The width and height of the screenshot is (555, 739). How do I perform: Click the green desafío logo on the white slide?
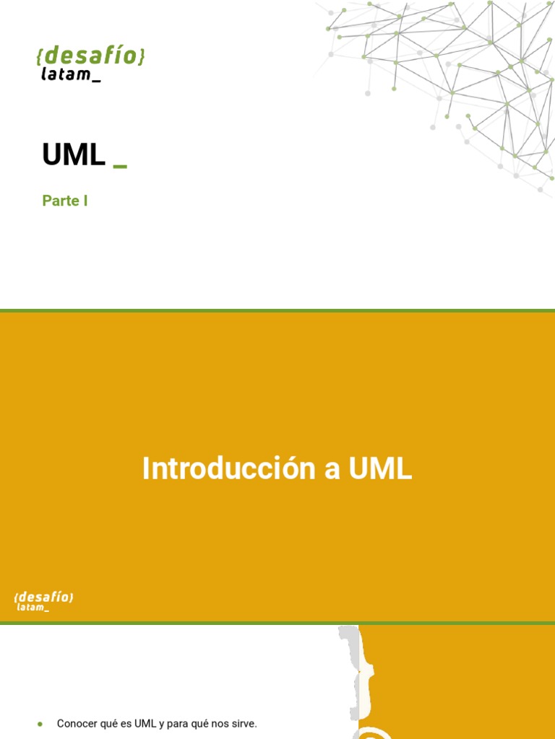[x=90, y=55]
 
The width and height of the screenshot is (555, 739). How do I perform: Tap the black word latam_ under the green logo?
[x=71, y=74]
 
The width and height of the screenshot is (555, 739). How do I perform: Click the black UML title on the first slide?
[x=74, y=154]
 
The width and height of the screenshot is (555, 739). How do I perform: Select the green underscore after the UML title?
[x=121, y=165]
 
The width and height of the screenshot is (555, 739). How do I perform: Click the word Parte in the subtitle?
[x=61, y=201]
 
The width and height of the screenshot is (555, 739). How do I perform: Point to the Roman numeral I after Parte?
[x=85, y=201]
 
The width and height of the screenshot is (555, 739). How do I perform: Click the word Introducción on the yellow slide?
[x=229, y=468]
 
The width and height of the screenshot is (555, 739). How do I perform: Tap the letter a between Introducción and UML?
[x=332, y=471]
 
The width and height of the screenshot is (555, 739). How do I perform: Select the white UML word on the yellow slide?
[x=380, y=468]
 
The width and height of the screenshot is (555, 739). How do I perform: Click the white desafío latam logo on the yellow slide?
[x=43, y=601]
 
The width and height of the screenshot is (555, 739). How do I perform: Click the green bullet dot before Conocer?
[x=40, y=725]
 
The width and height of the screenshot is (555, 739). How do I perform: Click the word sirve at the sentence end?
[x=244, y=723]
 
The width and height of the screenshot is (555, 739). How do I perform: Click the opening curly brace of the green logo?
[x=39, y=56]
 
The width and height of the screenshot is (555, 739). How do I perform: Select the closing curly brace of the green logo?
[x=142, y=55]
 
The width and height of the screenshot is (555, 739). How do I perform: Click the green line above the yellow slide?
[x=277, y=310]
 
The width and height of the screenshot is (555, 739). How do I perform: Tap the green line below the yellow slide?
[x=277, y=623]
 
